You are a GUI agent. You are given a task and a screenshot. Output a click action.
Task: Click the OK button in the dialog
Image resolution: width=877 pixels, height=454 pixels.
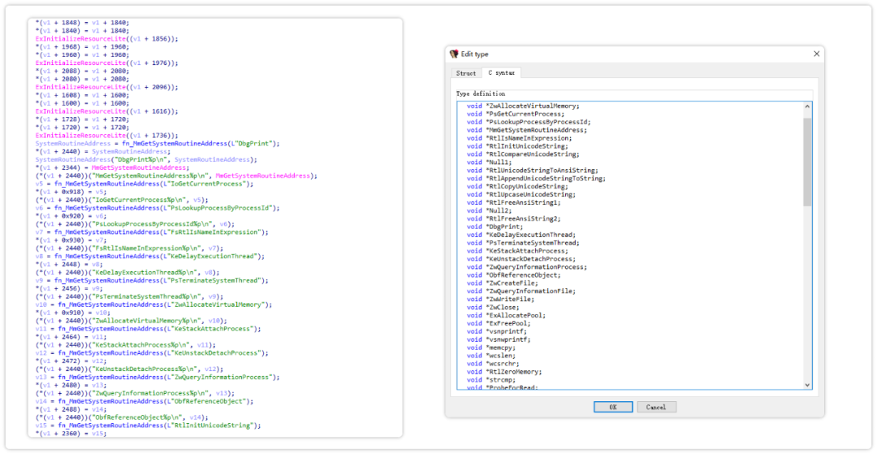click(x=613, y=406)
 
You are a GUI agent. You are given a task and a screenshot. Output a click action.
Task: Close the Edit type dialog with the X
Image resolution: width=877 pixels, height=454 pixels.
click(x=816, y=54)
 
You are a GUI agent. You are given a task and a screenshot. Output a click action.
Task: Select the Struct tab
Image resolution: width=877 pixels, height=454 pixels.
click(x=466, y=73)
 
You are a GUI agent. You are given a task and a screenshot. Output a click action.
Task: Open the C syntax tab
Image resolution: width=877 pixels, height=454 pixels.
click(x=501, y=73)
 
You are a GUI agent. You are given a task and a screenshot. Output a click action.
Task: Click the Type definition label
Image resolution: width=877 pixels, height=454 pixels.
click(x=480, y=93)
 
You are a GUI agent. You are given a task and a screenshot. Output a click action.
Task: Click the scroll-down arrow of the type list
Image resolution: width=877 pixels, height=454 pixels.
click(x=806, y=385)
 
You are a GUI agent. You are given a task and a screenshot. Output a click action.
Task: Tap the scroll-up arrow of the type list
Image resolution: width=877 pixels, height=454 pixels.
click(x=806, y=106)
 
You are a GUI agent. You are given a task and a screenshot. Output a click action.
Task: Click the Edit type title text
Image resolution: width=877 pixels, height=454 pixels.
click(x=475, y=54)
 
